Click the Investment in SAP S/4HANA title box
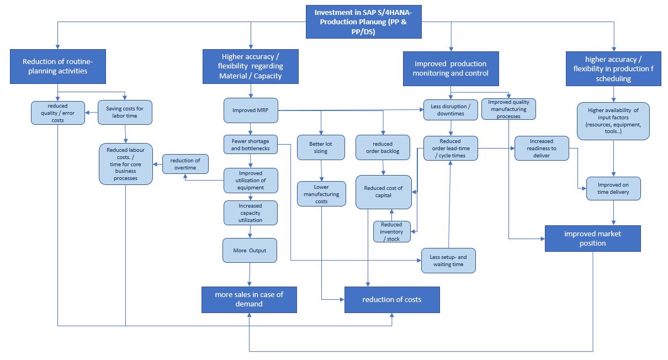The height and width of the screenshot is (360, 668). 364,22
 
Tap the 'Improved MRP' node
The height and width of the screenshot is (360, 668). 251,110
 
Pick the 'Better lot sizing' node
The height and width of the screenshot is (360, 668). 320,147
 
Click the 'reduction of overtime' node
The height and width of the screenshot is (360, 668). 185,164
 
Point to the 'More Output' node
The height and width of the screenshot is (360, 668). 250,250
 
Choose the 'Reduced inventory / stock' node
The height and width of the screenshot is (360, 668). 391,231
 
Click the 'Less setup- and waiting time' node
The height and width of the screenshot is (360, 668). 448,261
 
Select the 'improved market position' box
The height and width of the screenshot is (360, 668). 592,239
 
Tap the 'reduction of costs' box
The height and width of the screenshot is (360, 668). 392,300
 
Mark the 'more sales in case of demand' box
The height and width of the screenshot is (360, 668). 249,299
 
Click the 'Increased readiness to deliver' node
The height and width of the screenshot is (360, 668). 542,149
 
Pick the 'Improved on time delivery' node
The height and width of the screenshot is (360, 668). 613,188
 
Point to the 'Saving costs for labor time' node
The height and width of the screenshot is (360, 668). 125,112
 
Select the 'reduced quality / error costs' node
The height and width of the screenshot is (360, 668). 58,113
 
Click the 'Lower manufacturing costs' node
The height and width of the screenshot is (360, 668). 320,194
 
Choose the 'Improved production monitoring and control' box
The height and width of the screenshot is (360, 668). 451,68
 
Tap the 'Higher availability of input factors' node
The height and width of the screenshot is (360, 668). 613,121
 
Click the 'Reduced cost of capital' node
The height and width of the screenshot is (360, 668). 383,192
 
